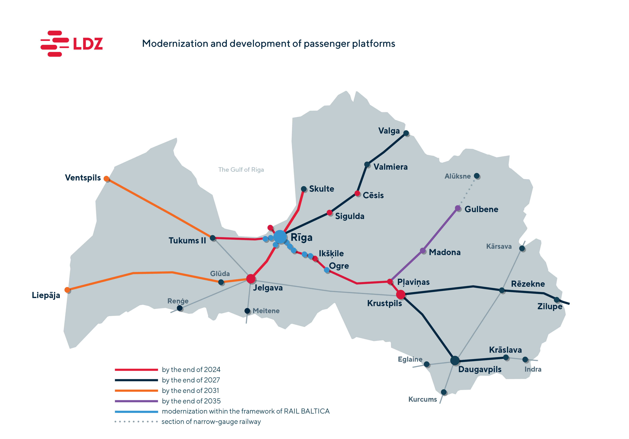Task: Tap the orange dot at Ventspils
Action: [x=107, y=179]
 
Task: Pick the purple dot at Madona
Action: [x=423, y=251]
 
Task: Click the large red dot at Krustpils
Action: [x=401, y=294]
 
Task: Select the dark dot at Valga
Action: [x=406, y=133]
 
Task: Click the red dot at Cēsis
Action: [x=357, y=193]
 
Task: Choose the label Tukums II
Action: [x=187, y=240]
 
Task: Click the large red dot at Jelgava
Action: [x=251, y=279]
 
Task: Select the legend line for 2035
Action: [x=136, y=401]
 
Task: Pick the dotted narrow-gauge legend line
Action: [x=136, y=421]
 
